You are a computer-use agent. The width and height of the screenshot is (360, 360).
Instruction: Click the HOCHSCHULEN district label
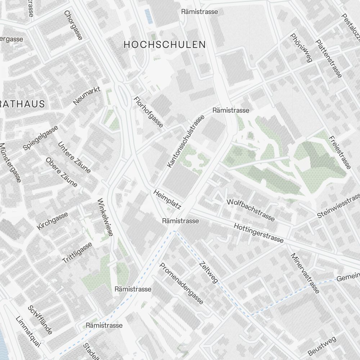[165, 45]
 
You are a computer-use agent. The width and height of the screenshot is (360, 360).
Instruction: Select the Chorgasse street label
[73, 25]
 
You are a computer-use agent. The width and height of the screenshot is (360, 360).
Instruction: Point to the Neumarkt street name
[86, 96]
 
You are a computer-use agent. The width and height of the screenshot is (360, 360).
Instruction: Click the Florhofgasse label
[148, 112]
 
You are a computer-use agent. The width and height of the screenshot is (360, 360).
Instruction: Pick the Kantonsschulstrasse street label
[186, 141]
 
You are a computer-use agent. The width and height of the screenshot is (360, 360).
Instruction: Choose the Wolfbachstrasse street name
[251, 210]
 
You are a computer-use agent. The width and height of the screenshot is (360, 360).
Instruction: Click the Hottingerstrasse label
[258, 233]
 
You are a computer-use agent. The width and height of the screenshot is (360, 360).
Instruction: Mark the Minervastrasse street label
[305, 273]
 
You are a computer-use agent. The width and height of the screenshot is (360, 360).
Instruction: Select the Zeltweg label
[208, 272]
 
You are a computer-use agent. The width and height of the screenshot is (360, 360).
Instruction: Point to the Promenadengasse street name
[181, 283]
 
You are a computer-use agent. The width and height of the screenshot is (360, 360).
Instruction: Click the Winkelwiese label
[105, 217]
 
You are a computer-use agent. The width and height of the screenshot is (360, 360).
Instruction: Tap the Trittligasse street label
[77, 253]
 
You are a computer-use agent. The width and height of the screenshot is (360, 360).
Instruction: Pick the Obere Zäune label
[62, 172]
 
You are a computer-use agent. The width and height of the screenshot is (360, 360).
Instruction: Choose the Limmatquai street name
[28, 332]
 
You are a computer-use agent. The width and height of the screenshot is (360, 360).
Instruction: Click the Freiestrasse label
[339, 153]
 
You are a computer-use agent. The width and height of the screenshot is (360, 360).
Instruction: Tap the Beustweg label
[322, 346]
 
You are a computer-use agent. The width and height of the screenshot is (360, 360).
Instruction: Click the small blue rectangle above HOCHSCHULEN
[148, 16]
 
